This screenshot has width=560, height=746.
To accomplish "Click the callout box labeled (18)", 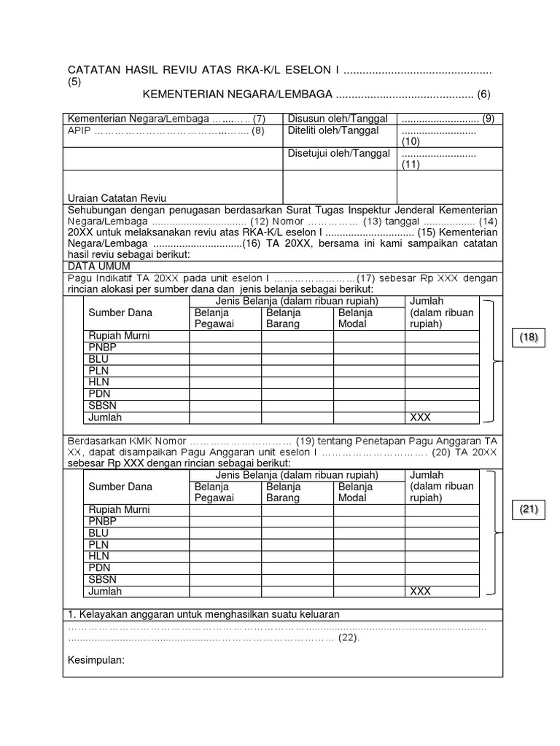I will pyautogui.click(x=528, y=337).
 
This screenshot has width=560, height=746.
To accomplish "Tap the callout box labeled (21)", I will pyautogui.click(x=528, y=511).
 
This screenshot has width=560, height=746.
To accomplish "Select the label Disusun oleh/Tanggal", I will pyautogui.click(x=328, y=119).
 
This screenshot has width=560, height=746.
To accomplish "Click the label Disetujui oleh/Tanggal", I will pyautogui.click(x=329, y=154).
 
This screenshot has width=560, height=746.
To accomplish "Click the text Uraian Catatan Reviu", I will pyautogui.click(x=117, y=198).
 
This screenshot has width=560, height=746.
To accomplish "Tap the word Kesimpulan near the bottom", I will pyautogui.click(x=96, y=661).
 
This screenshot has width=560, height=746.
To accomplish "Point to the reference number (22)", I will pyautogui.click(x=348, y=637).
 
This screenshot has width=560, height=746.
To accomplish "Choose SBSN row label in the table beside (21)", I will pyautogui.click(x=103, y=580).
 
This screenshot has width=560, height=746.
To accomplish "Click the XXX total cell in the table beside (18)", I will pyautogui.click(x=421, y=417).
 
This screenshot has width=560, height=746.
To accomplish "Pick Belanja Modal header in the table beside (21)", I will pyautogui.click(x=356, y=492).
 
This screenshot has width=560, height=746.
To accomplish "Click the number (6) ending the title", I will pyautogui.click(x=484, y=94).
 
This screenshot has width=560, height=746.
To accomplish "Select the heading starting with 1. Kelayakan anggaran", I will pyautogui.click(x=203, y=614).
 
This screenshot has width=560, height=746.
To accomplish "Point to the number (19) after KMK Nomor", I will pyautogui.click(x=305, y=441).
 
